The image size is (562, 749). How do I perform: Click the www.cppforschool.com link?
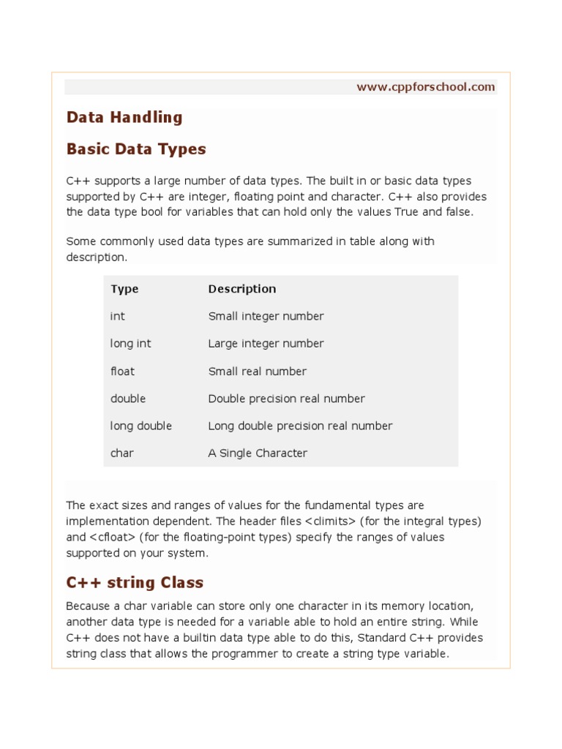pos(426,87)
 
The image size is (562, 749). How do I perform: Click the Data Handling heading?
pos(124,117)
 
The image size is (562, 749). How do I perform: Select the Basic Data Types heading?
pos(136,149)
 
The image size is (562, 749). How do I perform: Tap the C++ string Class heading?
pos(135,583)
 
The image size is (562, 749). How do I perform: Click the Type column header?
pos(124,289)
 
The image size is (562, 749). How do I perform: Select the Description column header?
pos(242,289)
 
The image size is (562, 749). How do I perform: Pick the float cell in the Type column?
pos(122,372)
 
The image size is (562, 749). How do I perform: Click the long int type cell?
pos(131,344)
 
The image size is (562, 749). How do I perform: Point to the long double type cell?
pos(141,426)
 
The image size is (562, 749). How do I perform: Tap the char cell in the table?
pos(122,453)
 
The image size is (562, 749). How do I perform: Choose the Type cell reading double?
pos(128,399)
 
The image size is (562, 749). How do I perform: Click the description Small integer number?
pos(266,317)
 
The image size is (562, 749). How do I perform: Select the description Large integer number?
pos(266,344)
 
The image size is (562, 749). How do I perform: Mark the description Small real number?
pos(257,372)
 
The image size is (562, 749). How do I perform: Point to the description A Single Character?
pos(258,453)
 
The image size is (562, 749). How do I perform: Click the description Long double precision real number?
pos(300,426)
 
